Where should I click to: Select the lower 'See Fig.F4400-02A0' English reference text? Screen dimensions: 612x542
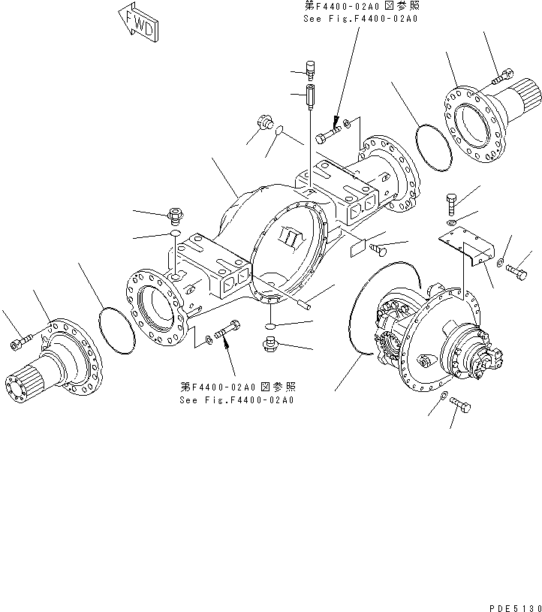[236, 399]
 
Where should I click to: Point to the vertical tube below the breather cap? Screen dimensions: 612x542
[309, 97]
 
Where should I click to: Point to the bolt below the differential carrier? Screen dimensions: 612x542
[461, 406]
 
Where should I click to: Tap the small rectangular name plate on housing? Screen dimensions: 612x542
[358, 244]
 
